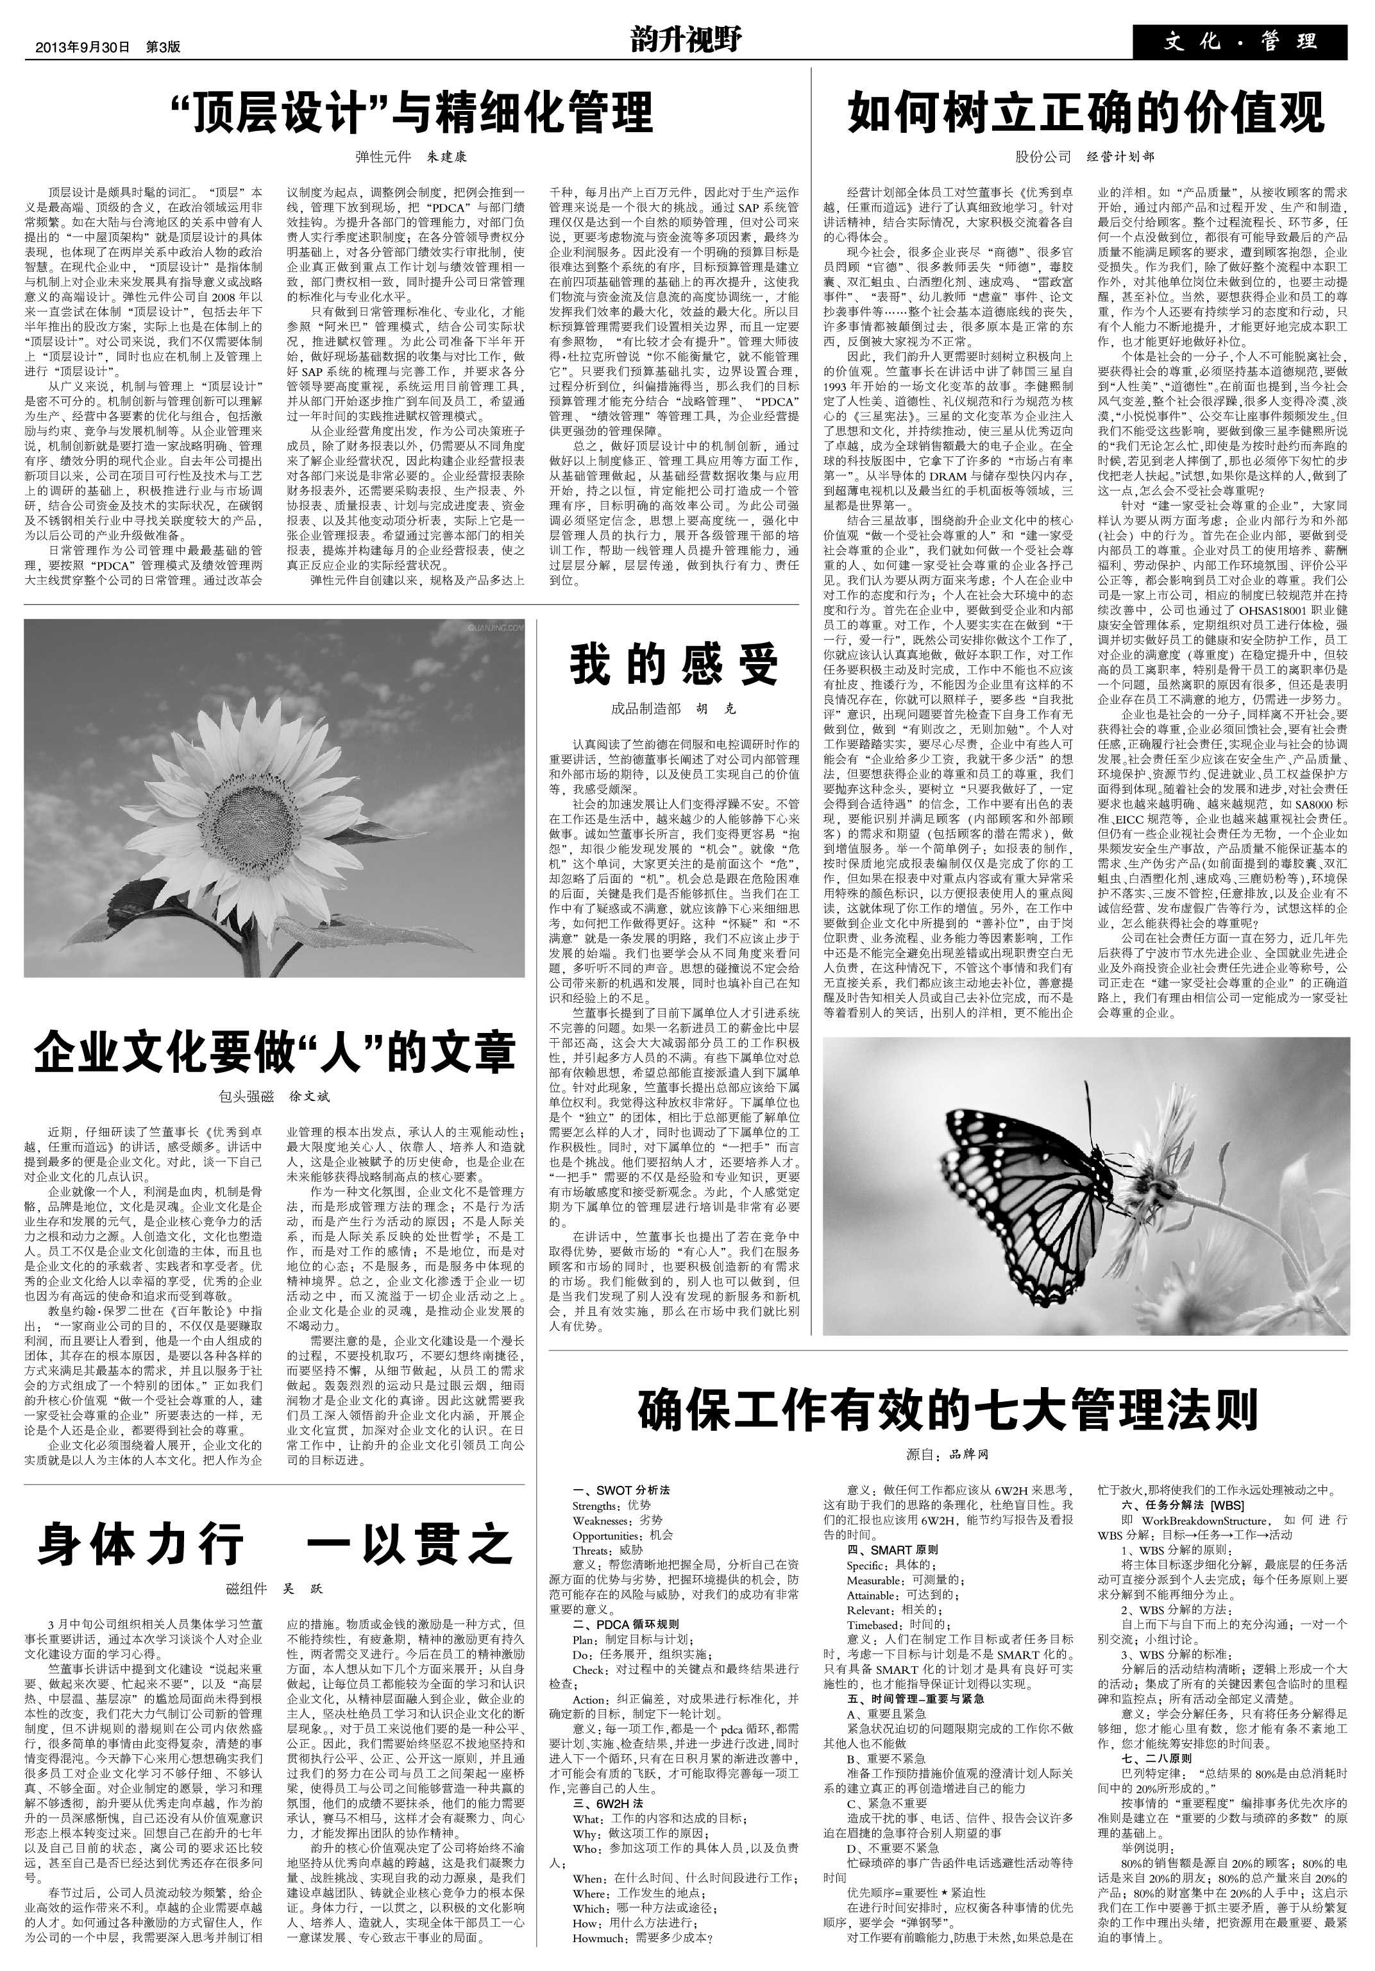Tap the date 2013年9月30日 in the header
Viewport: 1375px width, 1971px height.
(x=82, y=48)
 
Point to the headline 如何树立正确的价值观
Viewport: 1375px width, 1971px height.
(x=1086, y=112)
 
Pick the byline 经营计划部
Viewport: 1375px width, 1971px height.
(x=1120, y=157)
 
